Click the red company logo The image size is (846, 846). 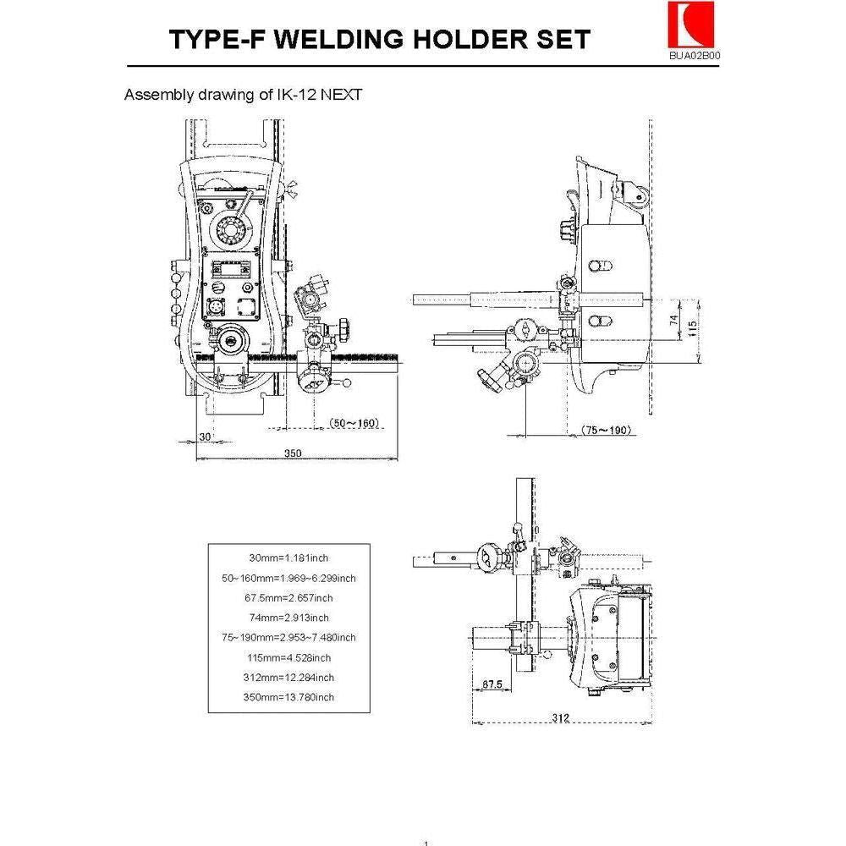coord(684,25)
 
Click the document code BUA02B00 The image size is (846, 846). coord(695,56)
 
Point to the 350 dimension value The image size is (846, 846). coord(293,453)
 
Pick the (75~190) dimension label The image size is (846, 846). coord(607,430)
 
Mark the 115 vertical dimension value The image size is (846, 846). coord(693,326)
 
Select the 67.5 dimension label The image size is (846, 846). coord(492,684)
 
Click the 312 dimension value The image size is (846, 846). coord(560,717)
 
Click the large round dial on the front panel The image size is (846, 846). coord(231,229)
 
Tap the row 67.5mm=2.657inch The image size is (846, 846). coord(289,597)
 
